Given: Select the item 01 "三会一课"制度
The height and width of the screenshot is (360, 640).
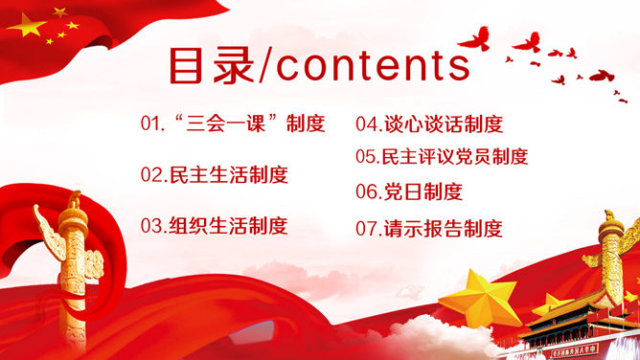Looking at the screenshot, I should pyautogui.click(x=233, y=124).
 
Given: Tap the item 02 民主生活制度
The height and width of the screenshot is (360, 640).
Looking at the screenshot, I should pyautogui.click(x=214, y=174).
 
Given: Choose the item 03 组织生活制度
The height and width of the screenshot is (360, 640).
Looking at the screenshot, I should pyautogui.click(x=214, y=226).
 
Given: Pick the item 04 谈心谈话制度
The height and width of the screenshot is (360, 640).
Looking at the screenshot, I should pyautogui.click(x=429, y=124).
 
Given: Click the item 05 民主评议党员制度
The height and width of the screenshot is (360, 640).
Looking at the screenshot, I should pyautogui.click(x=442, y=156).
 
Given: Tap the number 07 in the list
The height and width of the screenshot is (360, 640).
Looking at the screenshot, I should pyautogui.click(x=367, y=229).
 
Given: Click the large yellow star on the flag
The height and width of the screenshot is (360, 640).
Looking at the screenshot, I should pyautogui.click(x=26, y=26).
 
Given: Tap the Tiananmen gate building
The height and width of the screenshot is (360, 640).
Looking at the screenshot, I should pyautogui.click(x=575, y=326).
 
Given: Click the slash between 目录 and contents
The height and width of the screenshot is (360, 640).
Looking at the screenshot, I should pyautogui.click(x=264, y=65).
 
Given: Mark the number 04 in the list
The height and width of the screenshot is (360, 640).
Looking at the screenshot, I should pyautogui.click(x=367, y=124).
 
